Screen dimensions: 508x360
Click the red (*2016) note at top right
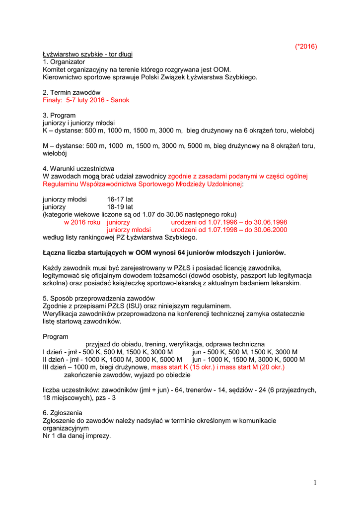(x=305, y=47)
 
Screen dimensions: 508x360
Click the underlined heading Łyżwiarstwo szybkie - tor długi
(x=87, y=54)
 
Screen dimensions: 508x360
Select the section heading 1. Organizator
(x=64, y=62)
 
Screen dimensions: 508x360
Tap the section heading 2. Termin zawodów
(x=72, y=92)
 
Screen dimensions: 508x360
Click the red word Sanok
(x=120, y=100)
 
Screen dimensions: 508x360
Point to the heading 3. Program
(x=59, y=115)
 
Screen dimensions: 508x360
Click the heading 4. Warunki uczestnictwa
(x=78, y=168)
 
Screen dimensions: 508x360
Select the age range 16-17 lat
(x=120, y=199)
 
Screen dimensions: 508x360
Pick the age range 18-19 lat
(x=120, y=206)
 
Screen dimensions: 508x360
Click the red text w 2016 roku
(x=82, y=222)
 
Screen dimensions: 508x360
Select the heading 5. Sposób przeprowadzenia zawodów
(x=99, y=298)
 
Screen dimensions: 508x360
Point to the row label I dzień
(x=54, y=352)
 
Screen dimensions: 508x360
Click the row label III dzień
(x=57, y=367)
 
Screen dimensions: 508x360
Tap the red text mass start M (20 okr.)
(x=252, y=367)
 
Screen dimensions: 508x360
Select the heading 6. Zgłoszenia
(x=63, y=413)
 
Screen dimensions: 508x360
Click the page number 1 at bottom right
(x=315, y=483)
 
